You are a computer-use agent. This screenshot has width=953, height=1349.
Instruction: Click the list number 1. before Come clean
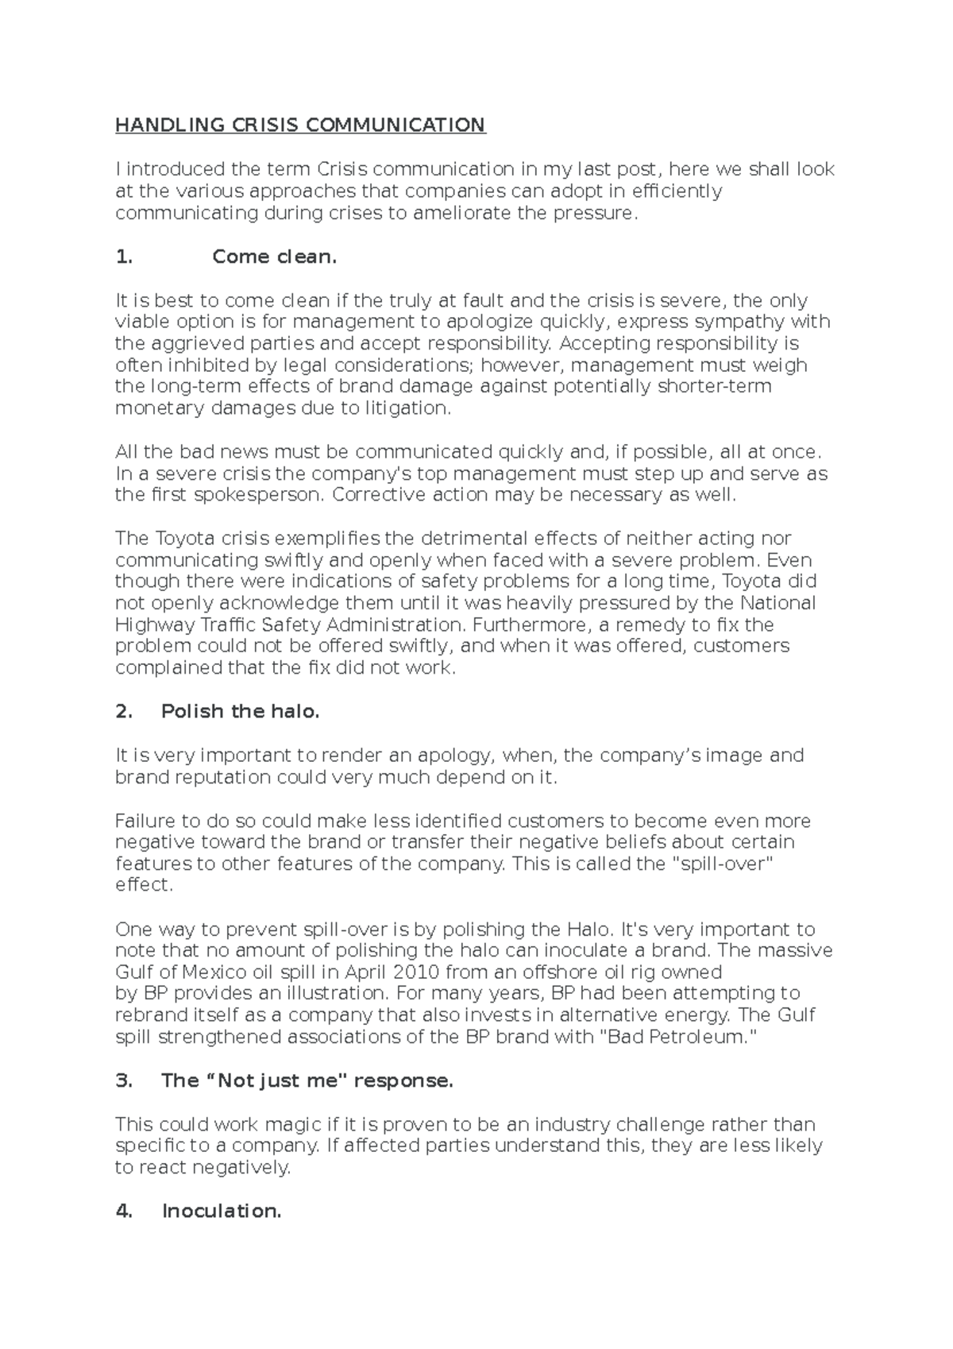[123, 257]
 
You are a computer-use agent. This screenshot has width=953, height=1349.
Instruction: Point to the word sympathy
[744, 322]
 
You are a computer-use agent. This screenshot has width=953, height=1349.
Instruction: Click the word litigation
[407, 408]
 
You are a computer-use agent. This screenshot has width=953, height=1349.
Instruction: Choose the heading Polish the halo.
[240, 712]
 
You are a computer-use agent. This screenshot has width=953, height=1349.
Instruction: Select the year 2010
[417, 972]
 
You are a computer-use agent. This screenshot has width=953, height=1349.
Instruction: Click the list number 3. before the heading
[123, 1080]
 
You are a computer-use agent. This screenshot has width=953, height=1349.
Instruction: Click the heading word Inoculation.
[222, 1211]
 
